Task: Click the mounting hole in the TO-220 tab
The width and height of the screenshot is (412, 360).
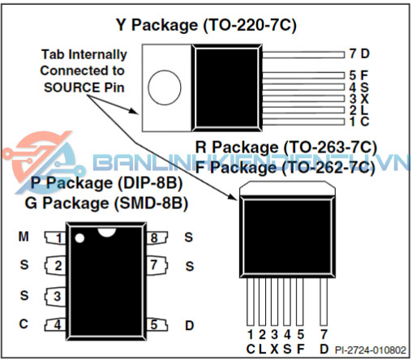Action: tap(165, 88)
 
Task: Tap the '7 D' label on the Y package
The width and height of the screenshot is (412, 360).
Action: tap(359, 54)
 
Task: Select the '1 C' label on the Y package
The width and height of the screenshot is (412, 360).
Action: tap(359, 122)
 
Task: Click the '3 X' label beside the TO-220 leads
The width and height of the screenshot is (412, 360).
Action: tap(359, 99)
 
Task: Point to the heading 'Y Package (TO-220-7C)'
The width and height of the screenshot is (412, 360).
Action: tap(206, 25)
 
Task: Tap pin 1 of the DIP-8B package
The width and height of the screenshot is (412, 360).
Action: tap(55, 238)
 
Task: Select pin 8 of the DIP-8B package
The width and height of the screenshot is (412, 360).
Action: tap(157, 238)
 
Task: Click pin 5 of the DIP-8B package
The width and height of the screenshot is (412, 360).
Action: tap(157, 324)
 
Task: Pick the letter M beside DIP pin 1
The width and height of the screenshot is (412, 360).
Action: tap(24, 237)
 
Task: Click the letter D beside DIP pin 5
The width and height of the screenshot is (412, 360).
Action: tap(189, 325)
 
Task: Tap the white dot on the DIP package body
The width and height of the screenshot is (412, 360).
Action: tap(79, 238)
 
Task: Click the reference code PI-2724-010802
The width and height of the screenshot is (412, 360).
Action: tap(371, 350)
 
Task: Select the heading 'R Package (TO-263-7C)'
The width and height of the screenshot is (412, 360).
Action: tap(285, 148)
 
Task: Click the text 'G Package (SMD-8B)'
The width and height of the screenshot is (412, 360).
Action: tap(106, 203)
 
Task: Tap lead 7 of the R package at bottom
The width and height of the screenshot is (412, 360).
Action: tap(324, 302)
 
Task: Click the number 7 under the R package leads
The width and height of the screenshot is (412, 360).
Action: tap(324, 335)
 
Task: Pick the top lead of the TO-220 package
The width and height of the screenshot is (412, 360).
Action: tap(303, 55)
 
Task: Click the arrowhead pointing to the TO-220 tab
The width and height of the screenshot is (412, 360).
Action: tap(134, 111)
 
